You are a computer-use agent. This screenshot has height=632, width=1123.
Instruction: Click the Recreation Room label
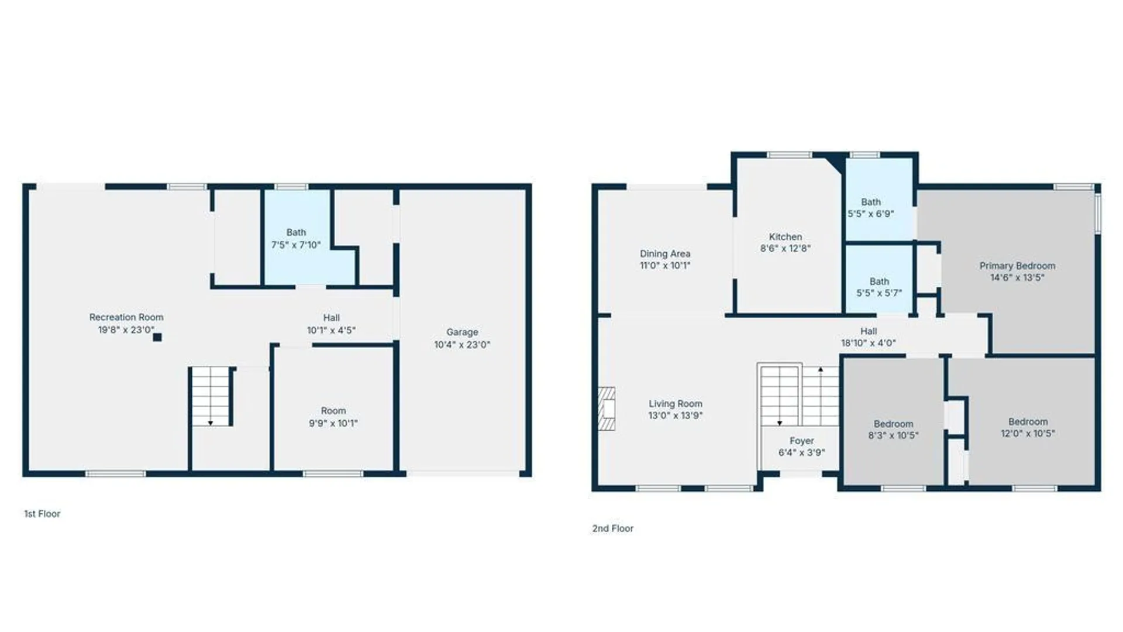[x=126, y=317]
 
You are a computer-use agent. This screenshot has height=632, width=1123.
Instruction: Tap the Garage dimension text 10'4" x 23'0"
[x=462, y=345]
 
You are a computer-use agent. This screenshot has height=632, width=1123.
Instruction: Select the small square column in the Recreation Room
[x=157, y=337]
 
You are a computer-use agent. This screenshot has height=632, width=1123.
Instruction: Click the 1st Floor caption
[x=42, y=514]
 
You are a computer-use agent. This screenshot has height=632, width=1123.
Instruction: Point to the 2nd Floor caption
[x=613, y=528]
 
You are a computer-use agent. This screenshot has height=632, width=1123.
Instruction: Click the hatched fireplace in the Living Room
[x=607, y=408]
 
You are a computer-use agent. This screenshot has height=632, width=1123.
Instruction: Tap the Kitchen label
[x=786, y=237]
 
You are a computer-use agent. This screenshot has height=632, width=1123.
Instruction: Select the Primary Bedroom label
[x=1018, y=266]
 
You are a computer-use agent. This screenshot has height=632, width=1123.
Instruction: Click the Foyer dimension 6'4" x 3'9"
[x=802, y=452]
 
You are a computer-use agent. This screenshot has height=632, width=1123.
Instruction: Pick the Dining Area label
[x=665, y=254]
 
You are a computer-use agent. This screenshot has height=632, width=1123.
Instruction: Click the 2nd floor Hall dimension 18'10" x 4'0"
[x=869, y=343]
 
